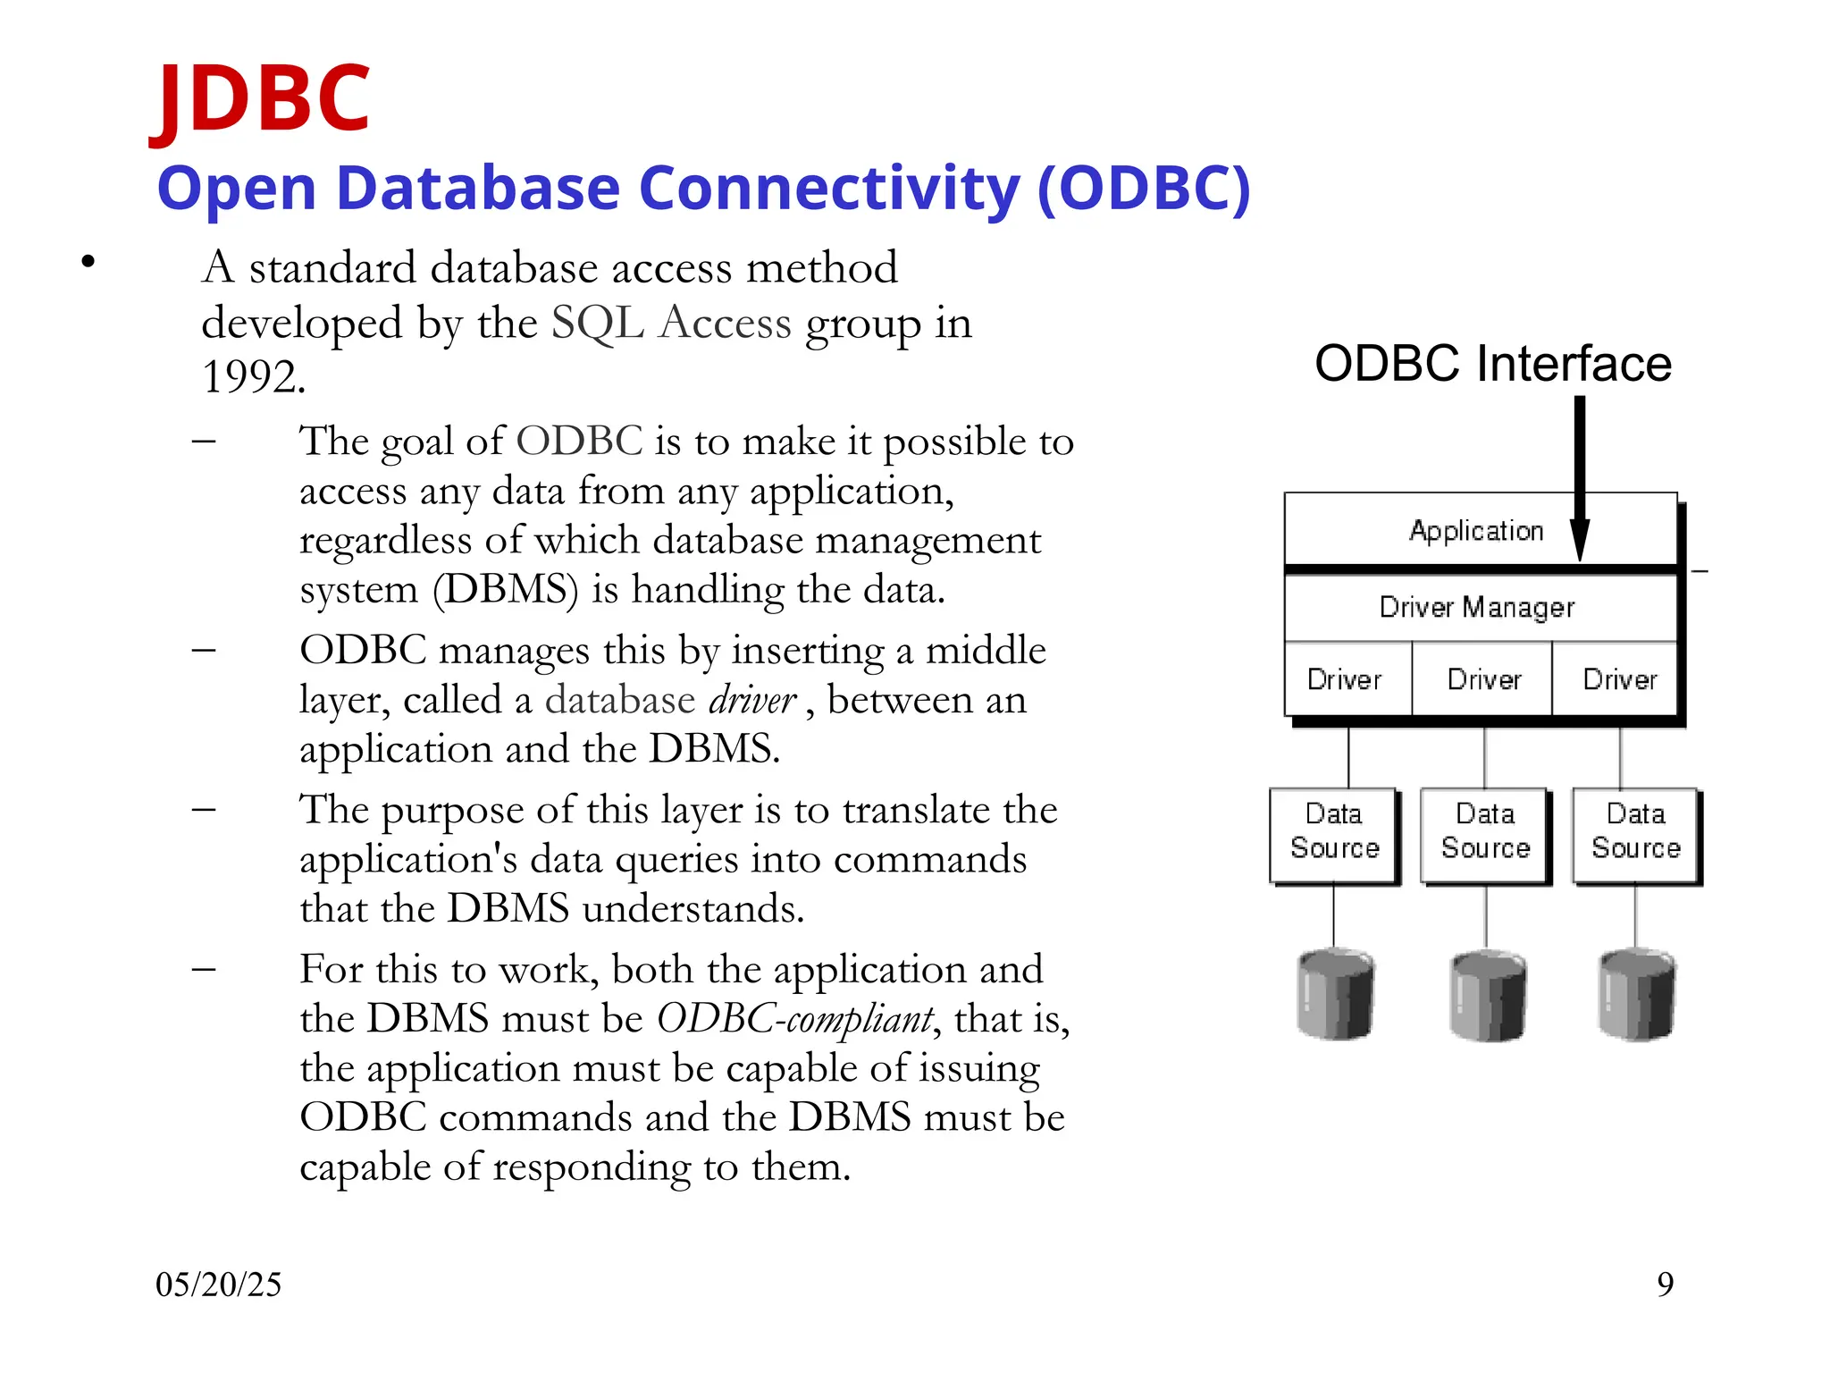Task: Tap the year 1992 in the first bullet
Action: pyautogui.click(x=252, y=377)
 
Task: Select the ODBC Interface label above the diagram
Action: pyautogui.click(x=1492, y=364)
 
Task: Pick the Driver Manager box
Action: pyautogui.click(x=1476, y=608)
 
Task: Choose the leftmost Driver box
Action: pyautogui.click(x=1345, y=679)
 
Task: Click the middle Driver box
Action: pyautogui.click(x=1483, y=679)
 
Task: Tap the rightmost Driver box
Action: pyautogui.click(x=1619, y=679)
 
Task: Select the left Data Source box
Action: pyautogui.click(x=1334, y=832)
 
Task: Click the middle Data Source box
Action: pyautogui.click(x=1485, y=832)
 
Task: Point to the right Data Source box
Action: pyautogui.click(x=1635, y=832)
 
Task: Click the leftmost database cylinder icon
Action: pyautogui.click(x=1334, y=995)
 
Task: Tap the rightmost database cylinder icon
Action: pyautogui.click(x=1635, y=995)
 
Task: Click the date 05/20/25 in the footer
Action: pyautogui.click(x=218, y=1285)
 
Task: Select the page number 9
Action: pyautogui.click(x=1665, y=1285)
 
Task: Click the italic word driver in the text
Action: pyautogui.click(x=751, y=701)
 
